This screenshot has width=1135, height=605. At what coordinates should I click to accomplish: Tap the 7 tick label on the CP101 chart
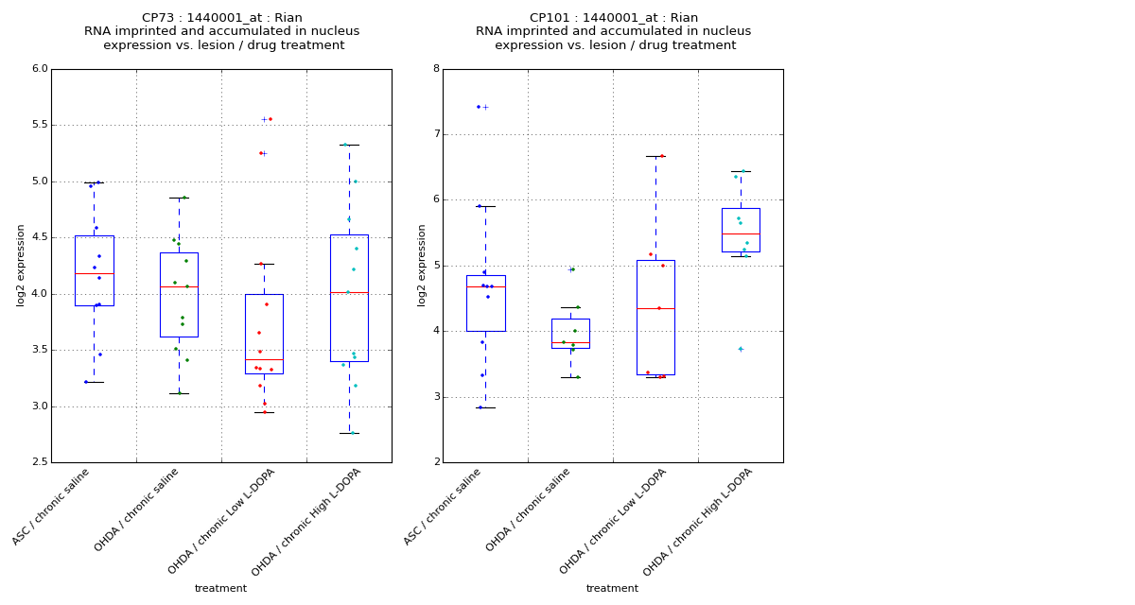pyautogui.click(x=436, y=134)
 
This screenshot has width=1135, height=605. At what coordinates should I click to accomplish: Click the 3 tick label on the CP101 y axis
pyautogui.click(x=436, y=397)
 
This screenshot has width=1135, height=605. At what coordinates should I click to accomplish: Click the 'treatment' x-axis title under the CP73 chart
pyautogui.click(x=220, y=589)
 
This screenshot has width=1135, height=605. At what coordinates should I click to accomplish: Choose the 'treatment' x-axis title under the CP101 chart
pyautogui.click(x=612, y=589)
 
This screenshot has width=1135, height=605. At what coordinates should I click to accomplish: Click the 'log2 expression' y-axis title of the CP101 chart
pyautogui.click(x=423, y=266)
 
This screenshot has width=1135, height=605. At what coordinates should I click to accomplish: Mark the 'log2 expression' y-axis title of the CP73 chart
pyautogui.click(x=21, y=266)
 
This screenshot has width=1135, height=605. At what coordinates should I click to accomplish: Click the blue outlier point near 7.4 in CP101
pyautogui.click(x=479, y=107)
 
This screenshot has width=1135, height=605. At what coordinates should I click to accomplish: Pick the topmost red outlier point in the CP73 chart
pyautogui.click(x=271, y=119)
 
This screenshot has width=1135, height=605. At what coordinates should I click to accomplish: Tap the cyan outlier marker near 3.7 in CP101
pyautogui.click(x=741, y=350)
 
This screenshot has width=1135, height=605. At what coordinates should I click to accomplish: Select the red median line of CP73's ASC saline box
pyautogui.click(x=94, y=273)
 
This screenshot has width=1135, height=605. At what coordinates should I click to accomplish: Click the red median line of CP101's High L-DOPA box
pyautogui.click(x=741, y=233)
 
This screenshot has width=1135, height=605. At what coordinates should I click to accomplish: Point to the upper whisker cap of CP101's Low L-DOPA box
pyautogui.click(x=655, y=156)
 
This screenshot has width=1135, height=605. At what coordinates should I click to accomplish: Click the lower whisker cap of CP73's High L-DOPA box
pyautogui.click(x=349, y=433)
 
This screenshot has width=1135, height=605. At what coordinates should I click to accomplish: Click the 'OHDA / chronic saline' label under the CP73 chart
pyautogui.click(x=137, y=510)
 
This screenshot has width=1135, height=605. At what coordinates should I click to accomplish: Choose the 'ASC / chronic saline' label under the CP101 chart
pyautogui.click(x=443, y=507)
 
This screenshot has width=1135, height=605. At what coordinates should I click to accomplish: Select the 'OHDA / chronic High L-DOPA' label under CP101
pyautogui.click(x=698, y=522)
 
